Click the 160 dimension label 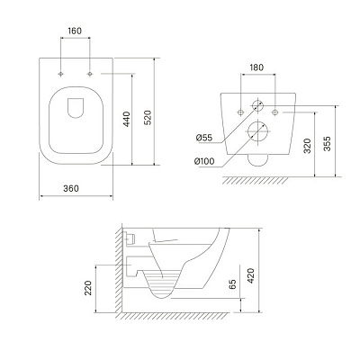tap(75, 31)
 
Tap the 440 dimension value tap(127, 119)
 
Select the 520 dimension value tap(148, 118)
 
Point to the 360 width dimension tap(71, 188)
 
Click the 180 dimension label tap(256, 67)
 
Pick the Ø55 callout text tap(204, 138)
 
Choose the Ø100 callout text tap(204, 161)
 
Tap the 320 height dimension tap(307, 146)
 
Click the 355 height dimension tap(327, 144)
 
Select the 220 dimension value tap(88, 288)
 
